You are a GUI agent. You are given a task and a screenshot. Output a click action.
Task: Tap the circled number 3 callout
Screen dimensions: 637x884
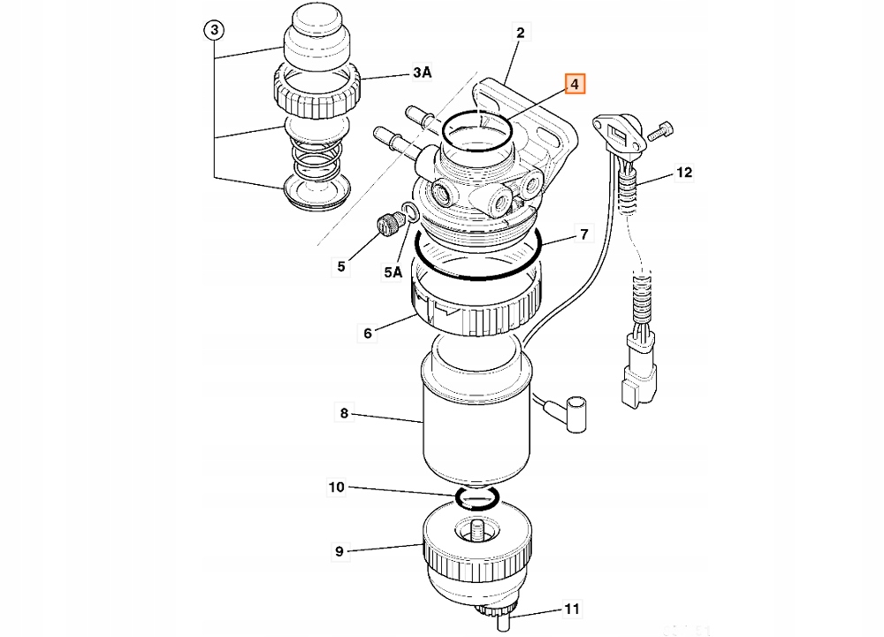[215, 31]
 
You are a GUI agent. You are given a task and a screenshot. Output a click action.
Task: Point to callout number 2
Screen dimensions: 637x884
[521, 33]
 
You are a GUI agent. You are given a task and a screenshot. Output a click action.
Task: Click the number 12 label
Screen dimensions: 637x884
[684, 173]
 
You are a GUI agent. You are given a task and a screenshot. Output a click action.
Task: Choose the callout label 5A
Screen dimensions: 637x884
[392, 273]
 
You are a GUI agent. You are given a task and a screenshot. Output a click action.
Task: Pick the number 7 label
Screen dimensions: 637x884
[583, 234]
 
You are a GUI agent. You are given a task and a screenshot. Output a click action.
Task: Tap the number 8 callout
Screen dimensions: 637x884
[344, 412]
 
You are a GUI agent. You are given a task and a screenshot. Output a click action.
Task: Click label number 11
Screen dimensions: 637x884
[573, 610]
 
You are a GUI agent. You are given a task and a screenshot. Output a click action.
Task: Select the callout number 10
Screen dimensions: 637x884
[337, 487]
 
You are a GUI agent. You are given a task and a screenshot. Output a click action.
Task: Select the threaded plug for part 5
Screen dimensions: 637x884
[387, 226]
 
